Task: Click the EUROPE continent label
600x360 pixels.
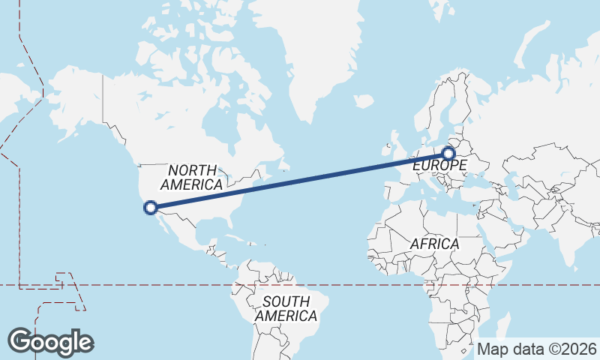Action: [x=434, y=163]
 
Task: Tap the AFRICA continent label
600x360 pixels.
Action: [x=434, y=244]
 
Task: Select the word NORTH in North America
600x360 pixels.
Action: [x=192, y=170]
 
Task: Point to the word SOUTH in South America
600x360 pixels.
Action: [x=286, y=301]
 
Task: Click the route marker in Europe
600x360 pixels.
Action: [x=448, y=154]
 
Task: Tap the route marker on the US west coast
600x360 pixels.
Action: [x=151, y=207]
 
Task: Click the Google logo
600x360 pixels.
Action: [x=50, y=342]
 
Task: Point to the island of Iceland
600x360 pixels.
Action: [x=363, y=100]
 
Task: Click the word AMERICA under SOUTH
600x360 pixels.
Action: [x=286, y=316]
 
